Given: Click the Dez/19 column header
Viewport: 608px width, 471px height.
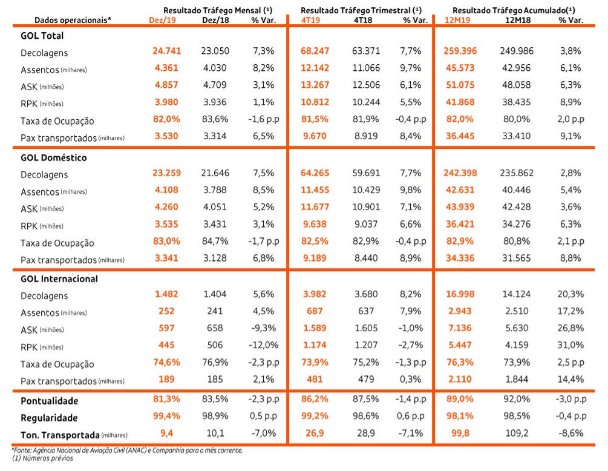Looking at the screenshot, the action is coord(162,20).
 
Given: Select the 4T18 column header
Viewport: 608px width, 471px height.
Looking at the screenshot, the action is coord(363,20).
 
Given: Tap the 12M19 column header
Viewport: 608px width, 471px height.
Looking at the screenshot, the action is coord(457,20).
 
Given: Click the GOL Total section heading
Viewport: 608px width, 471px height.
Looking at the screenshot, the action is coord(42,36).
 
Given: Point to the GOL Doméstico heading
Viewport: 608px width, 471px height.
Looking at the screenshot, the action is coord(53,157).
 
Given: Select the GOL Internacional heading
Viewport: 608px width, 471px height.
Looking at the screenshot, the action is coord(59,278).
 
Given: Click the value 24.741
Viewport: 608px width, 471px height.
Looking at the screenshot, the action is coord(167,51).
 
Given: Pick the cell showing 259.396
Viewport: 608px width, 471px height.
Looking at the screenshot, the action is coord(460,51).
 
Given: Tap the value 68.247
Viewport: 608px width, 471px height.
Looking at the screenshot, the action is coord(315,51).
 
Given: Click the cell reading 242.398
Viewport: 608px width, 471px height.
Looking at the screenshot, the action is coord(460,173).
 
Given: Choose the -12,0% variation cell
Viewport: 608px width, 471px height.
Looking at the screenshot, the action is coord(263,345).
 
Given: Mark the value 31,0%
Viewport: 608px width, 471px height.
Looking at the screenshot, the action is coord(570,345).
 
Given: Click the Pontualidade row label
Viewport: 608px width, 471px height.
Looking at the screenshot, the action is coord(49,401).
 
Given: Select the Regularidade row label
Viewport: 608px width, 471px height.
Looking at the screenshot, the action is coord(49,418).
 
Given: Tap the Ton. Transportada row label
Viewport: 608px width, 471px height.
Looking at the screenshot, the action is coord(60,435).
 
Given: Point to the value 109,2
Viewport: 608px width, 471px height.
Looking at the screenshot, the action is coord(517,433).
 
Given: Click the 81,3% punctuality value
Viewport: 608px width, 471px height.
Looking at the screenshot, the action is coord(167,399).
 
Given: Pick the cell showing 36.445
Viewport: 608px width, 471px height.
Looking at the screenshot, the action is coord(460,136).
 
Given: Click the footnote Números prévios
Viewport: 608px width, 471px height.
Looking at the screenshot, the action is coord(47,458).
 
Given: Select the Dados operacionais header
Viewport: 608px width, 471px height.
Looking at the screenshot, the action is coord(73,20).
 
